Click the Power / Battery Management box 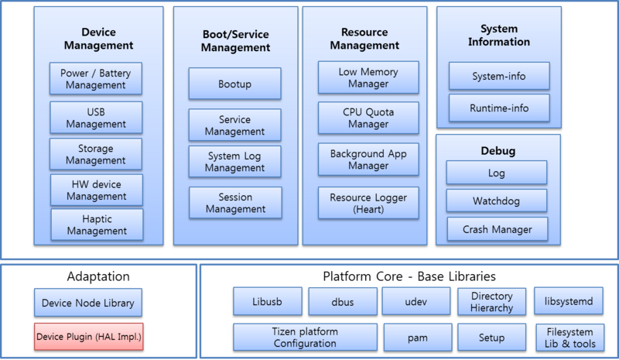click(x=96, y=79)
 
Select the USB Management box click(x=96, y=117)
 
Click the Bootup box click(x=235, y=83)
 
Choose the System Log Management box click(x=235, y=162)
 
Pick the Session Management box click(x=235, y=202)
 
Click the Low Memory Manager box click(x=368, y=77)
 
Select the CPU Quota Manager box click(x=368, y=118)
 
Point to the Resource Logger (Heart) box click(x=368, y=203)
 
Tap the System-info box click(x=499, y=77)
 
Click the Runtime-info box click(x=499, y=108)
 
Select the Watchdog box click(x=497, y=201)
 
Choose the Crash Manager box click(x=497, y=229)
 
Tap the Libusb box click(x=267, y=302)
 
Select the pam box click(x=416, y=338)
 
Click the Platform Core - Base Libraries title click(x=408, y=276)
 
